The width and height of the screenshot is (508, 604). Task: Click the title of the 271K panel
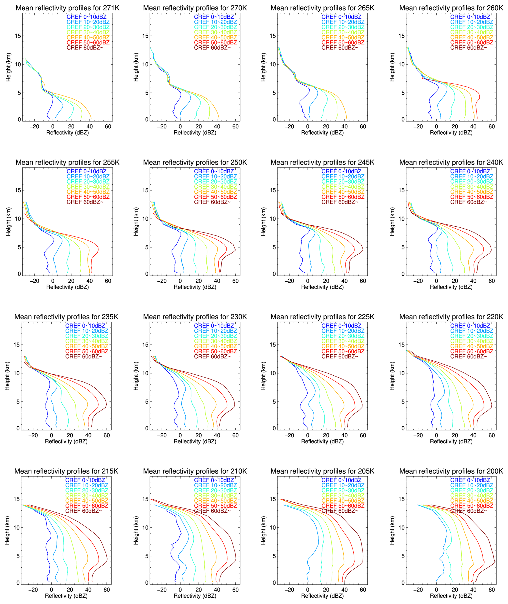pos(67,8)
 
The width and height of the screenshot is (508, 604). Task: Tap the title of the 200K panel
pos(451,471)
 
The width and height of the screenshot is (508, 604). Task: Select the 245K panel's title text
pos(322,162)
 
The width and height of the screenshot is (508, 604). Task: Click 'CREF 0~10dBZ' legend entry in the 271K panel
pos(87,17)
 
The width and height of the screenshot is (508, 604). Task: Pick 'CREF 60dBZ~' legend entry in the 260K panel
pos(468,47)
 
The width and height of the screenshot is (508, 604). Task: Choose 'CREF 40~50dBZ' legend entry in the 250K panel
pos(215,192)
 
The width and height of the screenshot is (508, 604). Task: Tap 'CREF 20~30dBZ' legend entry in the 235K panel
pos(87,336)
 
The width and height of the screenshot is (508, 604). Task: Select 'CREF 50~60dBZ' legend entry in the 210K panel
pos(215,506)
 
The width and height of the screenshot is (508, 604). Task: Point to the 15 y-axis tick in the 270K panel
pos(145,36)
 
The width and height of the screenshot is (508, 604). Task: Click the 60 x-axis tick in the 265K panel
pos(363,127)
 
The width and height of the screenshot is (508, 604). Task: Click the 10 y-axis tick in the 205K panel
pos(273,527)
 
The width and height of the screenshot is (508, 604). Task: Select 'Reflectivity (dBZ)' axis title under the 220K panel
pos(451,441)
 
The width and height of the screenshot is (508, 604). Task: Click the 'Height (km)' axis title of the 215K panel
pos(7,530)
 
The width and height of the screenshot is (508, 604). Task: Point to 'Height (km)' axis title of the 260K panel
pos(392,67)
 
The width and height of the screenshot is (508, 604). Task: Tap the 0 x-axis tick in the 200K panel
pos(436,590)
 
